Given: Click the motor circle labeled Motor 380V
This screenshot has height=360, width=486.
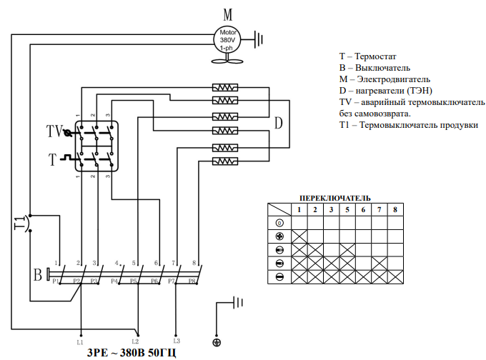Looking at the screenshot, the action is (x=227, y=40).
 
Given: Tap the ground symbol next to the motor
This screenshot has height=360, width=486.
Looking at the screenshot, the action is (x=258, y=39).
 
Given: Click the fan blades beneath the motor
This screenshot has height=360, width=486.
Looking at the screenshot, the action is (x=227, y=61).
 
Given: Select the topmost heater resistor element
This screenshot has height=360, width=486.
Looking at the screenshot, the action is (x=225, y=88).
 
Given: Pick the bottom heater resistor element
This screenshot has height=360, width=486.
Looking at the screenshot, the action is (x=225, y=161).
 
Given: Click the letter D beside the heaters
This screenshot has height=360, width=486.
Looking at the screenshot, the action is (x=278, y=123).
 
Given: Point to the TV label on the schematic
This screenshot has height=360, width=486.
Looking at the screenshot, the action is (x=54, y=131).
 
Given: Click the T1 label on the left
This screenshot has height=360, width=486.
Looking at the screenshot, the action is (x=19, y=223).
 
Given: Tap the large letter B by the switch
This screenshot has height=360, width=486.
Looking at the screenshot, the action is (x=37, y=274).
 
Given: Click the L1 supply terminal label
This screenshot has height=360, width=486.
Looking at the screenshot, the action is (x=80, y=342).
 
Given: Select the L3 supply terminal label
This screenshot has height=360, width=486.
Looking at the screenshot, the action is (x=177, y=341).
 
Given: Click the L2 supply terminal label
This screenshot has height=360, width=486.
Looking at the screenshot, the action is (x=135, y=341).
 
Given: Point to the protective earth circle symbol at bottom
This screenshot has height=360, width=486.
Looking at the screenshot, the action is (x=217, y=343).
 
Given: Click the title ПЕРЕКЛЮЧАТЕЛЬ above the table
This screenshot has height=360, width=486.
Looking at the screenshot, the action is (x=335, y=199).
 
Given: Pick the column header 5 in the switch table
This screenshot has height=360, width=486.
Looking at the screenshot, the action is (x=347, y=210).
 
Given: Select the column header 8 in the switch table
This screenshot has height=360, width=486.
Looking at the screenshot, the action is (x=395, y=210).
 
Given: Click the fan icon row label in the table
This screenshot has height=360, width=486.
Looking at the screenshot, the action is (x=279, y=236).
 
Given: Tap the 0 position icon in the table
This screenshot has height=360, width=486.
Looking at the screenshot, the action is (x=279, y=223).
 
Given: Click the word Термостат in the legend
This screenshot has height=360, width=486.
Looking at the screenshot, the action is (x=375, y=56).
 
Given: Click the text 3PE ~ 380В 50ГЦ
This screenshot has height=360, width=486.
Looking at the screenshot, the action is (x=132, y=353).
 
